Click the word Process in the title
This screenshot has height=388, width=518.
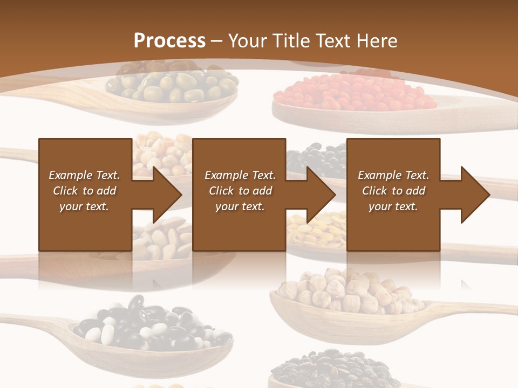pos(169,40)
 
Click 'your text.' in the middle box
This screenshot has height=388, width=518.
pos(240,206)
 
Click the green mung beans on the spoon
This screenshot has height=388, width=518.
pos(173,86)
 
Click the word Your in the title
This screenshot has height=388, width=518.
pos(247,40)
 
